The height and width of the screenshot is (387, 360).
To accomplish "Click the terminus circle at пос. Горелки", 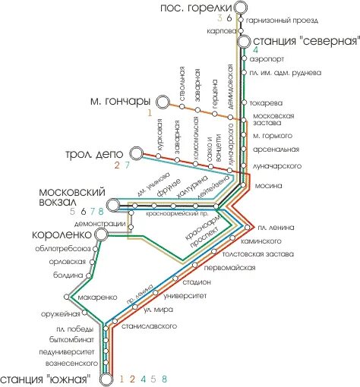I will pyautogui.click(x=240, y=8).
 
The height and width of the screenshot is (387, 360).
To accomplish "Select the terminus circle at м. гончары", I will pyautogui.click(x=162, y=102).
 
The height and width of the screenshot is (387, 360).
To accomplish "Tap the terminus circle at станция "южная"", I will pyautogui.click(x=106, y=377).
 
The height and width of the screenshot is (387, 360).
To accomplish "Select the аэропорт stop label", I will pyautogui.click(x=267, y=58).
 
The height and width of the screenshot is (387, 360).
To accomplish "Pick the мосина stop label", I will pyautogui.click(x=269, y=185).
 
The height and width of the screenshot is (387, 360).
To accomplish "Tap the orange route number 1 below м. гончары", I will pyautogui.click(x=150, y=113).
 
